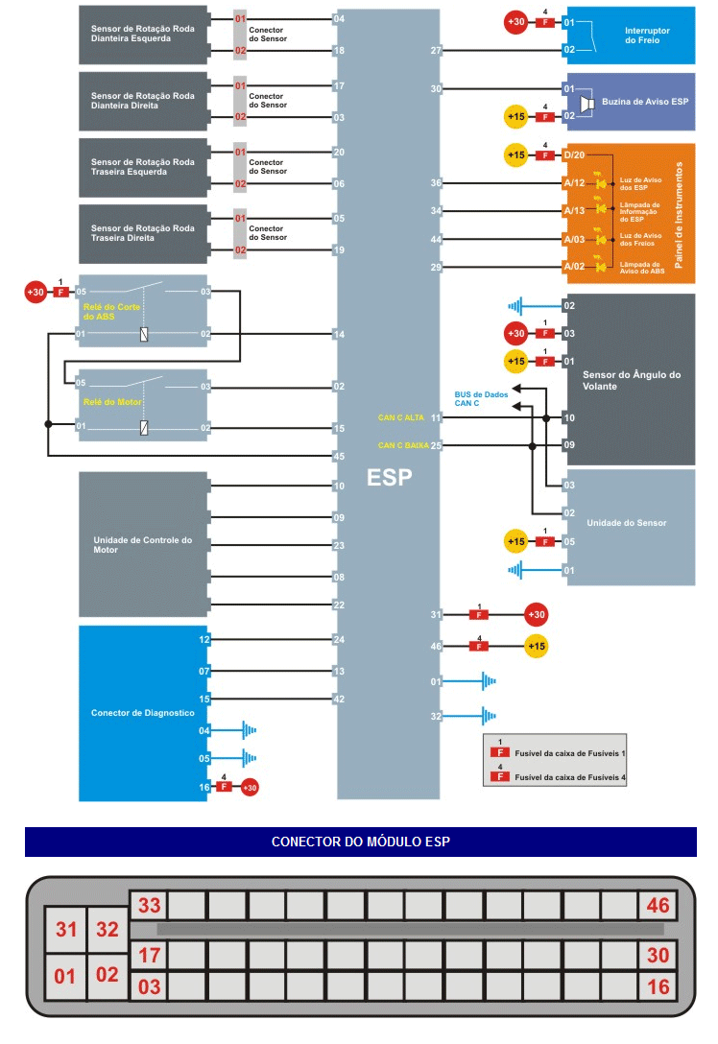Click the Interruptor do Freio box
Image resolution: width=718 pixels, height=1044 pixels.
(x=647, y=36)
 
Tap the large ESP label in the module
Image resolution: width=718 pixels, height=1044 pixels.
(x=389, y=477)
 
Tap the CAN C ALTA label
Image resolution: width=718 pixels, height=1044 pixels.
(x=401, y=417)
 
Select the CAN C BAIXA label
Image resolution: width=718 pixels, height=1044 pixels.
(x=402, y=445)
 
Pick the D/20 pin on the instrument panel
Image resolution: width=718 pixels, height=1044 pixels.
(x=574, y=154)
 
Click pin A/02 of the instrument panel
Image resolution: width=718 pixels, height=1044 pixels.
(x=574, y=266)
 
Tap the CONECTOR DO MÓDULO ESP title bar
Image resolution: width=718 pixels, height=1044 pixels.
(x=360, y=842)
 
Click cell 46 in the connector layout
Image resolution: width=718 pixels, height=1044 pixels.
(x=657, y=906)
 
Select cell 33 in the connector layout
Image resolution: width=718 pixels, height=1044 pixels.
(x=149, y=906)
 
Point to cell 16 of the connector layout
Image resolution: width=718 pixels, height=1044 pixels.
(x=657, y=985)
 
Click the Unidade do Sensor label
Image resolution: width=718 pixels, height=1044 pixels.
(x=626, y=523)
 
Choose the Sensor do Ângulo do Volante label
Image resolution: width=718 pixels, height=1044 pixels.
(x=631, y=380)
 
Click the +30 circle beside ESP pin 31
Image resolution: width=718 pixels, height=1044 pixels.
(x=536, y=615)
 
